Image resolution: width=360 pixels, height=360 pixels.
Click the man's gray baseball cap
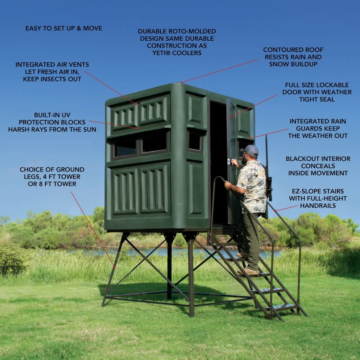coord(250,150)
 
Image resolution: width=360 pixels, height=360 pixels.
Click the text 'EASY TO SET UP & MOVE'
coord(64,28)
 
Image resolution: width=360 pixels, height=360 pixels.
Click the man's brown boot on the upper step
coord(242,255)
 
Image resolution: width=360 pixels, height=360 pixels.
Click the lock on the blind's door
coord(229,161)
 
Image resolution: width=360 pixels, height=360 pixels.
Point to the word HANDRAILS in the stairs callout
coord(318,206)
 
